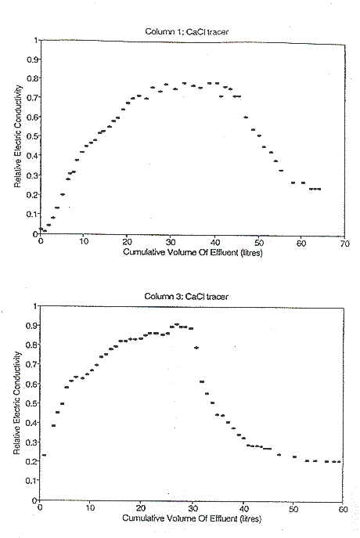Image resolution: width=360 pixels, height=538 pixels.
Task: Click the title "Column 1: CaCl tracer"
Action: pos(186,31)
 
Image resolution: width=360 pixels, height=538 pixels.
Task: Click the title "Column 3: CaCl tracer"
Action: pos(186,296)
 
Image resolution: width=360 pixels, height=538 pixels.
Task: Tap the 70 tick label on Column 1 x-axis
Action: pos(345,244)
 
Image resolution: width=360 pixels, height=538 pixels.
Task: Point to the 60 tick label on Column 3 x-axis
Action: pos(343,509)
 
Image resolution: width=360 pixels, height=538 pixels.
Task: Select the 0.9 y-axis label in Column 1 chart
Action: pos(32,60)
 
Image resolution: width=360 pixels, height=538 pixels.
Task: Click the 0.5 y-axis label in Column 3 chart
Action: pos(31,403)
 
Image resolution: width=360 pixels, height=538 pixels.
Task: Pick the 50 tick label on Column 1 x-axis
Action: pos(259,243)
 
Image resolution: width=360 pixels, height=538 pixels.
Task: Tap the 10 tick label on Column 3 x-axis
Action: pos(90,507)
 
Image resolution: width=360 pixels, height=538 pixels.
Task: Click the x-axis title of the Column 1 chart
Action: pos(193,252)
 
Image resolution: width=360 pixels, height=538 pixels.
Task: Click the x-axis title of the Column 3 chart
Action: pos(192,518)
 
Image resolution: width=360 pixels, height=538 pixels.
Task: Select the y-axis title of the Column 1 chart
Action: pos(18,136)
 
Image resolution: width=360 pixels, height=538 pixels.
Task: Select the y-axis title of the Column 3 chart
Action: pos(17,403)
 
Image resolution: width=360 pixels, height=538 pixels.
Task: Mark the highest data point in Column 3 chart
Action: pos(177,324)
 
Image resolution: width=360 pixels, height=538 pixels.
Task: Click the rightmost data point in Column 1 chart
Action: pos(319,189)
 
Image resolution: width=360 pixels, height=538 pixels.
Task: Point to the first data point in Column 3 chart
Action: pos(44,455)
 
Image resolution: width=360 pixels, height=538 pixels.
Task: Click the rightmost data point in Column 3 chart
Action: pos(339,461)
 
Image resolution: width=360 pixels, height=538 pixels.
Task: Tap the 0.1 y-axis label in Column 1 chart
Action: pos(32,214)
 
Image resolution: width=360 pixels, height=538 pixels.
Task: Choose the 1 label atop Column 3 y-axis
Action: pos(34,305)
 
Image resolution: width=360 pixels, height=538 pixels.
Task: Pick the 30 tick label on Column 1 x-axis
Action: pos(171,242)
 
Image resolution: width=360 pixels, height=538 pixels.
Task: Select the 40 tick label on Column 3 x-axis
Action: pos(243,508)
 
